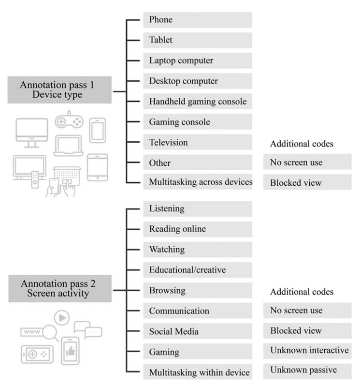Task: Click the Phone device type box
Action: (197, 20)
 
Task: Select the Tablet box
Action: (197, 40)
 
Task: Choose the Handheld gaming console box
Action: (197, 102)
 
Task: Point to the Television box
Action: (197, 143)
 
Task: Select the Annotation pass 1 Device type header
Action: (59, 89)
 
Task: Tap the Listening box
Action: (197, 209)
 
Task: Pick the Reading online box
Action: (197, 229)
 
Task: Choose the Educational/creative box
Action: (197, 269)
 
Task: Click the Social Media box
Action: (197, 331)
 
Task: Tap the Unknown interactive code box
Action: (307, 351)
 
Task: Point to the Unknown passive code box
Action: (307, 371)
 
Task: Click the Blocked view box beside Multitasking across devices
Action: (307, 182)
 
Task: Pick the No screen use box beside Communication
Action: (307, 310)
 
